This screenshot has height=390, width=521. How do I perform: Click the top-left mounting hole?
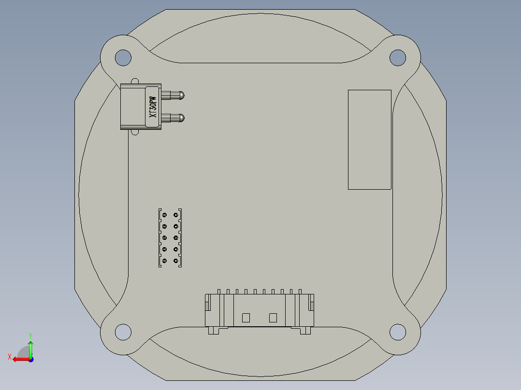pyautogui.click(x=123, y=58)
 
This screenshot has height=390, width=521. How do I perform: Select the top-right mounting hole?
pyautogui.click(x=397, y=57)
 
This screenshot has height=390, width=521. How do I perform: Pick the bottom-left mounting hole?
pyautogui.click(x=123, y=332)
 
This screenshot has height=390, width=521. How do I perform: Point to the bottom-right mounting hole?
pyautogui.click(x=397, y=332)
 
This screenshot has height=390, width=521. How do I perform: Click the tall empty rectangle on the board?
pyautogui.click(x=369, y=139)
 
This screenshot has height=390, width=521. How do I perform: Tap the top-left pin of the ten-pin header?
pyautogui.click(x=164, y=215)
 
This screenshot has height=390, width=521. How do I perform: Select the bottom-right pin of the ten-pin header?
pyautogui.click(x=176, y=261)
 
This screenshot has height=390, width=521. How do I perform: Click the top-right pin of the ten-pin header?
pyautogui.click(x=176, y=215)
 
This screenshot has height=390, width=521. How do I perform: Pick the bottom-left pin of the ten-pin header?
pyautogui.click(x=164, y=261)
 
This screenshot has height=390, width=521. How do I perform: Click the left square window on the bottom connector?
pyautogui.click(x=246, y=318)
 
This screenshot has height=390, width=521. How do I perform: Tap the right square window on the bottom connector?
pyautogui.click(x=273, y=318)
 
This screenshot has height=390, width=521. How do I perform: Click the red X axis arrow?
pyautogui.click(x=18, y=359)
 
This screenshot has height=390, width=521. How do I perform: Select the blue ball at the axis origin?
pyautogui.click(x=30, y=359)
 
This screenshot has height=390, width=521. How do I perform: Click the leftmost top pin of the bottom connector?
pyautogui.click(x=219, y=292)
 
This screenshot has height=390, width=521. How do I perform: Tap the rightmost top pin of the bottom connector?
pyautogui.click(x=300, y=292)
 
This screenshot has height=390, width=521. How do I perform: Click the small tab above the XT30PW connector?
pyautogui.click(x=135, y=81)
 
